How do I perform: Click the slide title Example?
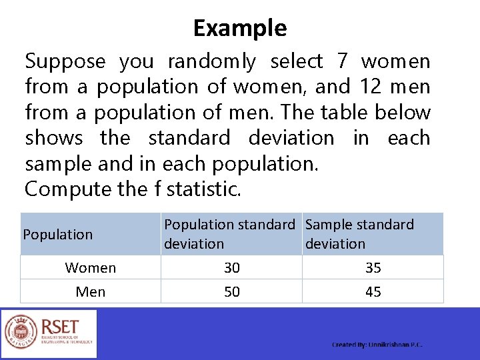tap(240, 28)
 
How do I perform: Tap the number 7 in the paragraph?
tap(343, 61)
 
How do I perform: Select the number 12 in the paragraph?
tap(371, 87)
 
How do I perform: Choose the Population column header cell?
tap(58, 235)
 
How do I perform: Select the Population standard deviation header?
tap(229, 234)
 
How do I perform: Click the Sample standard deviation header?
tap(359, 234)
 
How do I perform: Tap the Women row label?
tap(91, 268)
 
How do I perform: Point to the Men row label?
tap(91, 292)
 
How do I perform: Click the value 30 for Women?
tap(232, 268)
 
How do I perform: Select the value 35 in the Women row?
tap(373, 268)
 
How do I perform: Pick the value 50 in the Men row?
tap(232, 292)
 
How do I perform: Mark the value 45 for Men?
tap(373, 292)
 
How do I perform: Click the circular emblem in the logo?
tap(21, 332)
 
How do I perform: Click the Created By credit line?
tap(377, 345)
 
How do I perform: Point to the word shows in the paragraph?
tap(54, 138)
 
